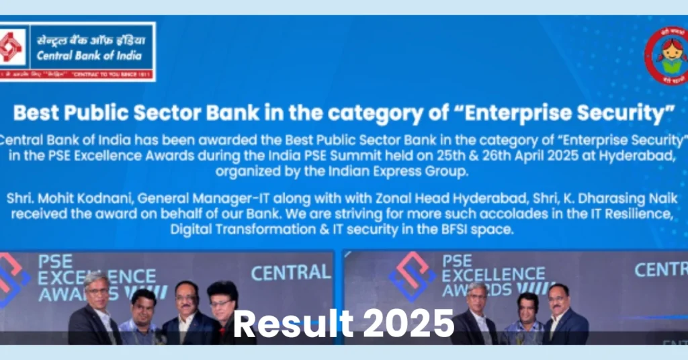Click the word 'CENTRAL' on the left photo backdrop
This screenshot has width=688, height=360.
(x=290, y=272)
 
